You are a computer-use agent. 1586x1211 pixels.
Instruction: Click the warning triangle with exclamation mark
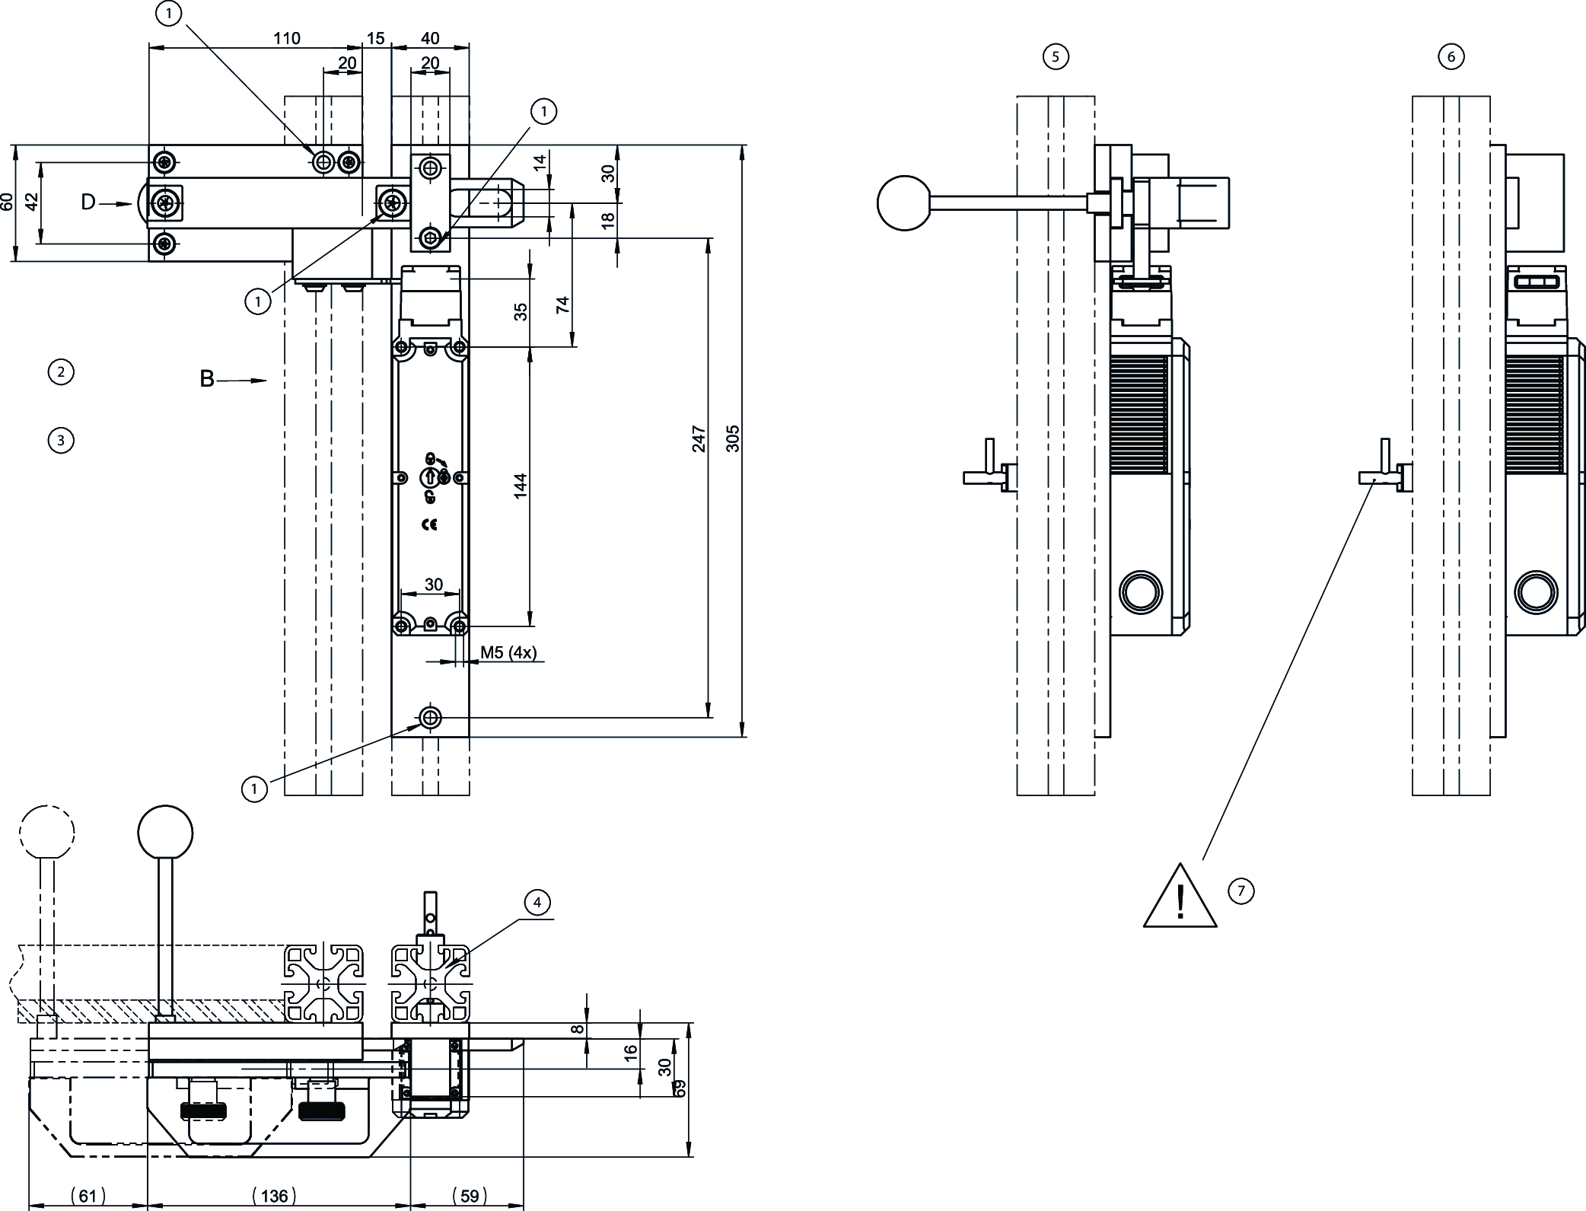point(1180,899)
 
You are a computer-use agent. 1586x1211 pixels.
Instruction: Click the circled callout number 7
point(1241,891)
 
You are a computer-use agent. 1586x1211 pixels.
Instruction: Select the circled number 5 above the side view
point(1056,56)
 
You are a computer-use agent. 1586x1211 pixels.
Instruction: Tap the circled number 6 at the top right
point(1451,56)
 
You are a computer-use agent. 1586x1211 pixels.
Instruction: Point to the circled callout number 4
point(537,903)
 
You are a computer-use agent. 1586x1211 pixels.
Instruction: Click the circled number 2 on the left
point(61,372)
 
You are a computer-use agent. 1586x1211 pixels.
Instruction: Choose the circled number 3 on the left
point(61,440)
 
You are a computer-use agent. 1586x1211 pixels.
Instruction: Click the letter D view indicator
point(89,202)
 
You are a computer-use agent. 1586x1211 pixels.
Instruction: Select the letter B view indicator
point(207,379)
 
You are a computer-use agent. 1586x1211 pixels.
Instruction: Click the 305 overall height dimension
point(733,438)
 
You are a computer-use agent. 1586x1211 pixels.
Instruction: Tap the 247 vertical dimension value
point(699,439)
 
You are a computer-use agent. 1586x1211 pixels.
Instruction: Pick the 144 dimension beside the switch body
point(521,486)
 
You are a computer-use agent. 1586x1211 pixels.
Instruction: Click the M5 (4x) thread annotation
point(508,652)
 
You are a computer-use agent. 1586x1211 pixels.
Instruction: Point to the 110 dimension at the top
point(287,38)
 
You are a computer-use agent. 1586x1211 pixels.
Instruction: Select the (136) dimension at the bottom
point(275,1196)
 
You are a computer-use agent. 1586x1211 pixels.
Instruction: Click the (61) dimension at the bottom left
point(88,1196)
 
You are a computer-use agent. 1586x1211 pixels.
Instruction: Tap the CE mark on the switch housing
point(429,524)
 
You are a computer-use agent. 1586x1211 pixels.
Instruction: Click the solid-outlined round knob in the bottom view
point(166,832)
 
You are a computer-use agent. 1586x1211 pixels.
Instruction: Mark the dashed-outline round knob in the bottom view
point(47,832)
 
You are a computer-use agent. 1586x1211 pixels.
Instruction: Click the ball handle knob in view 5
point(904,202)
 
